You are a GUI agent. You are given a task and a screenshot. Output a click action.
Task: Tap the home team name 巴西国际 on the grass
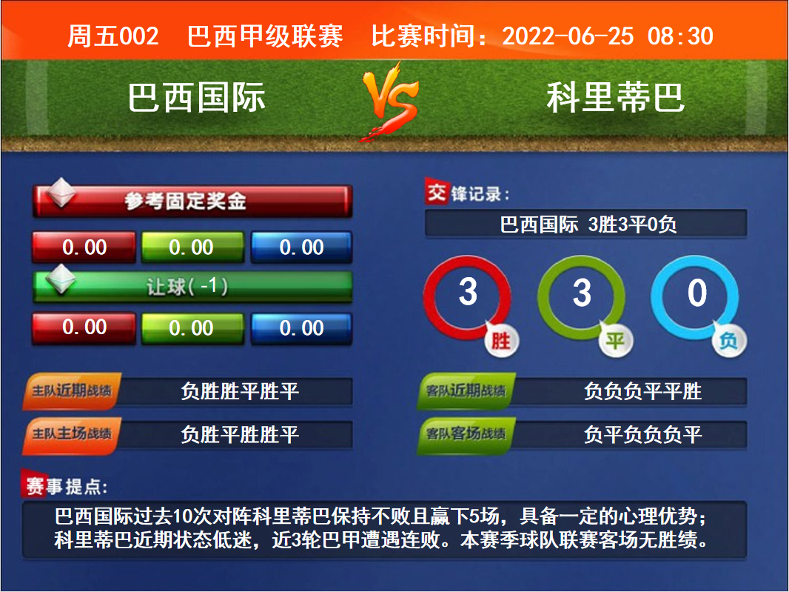196,98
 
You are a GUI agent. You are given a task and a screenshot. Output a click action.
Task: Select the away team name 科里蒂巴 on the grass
615,98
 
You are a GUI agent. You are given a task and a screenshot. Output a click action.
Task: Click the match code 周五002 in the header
113,36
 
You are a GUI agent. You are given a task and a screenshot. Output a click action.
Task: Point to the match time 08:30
680,36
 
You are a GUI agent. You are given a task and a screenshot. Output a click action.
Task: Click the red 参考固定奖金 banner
192,201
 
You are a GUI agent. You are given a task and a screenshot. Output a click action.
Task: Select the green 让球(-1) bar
192,287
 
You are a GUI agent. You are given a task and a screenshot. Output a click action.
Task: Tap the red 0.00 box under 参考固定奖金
84,247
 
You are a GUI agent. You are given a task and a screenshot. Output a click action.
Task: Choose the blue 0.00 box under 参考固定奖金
301,247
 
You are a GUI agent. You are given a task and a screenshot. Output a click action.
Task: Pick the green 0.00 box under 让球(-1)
192,328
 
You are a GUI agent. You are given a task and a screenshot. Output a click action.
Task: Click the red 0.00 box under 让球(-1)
84,328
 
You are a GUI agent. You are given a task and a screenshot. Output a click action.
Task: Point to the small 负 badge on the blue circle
729,341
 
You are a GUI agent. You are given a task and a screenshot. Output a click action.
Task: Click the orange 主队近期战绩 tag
72,391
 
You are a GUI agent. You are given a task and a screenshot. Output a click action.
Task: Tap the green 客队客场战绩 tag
466,433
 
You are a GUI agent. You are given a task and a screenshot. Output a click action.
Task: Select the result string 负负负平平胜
642,391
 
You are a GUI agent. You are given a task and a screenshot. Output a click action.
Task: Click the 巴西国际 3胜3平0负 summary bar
586,224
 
